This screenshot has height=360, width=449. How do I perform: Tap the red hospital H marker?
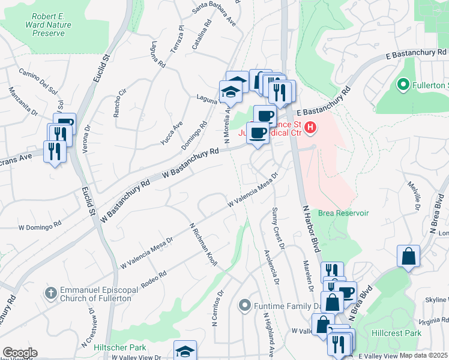pyautogui.click(x=310, y=127)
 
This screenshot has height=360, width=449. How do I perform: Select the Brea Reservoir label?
pyautogui.click(x=343, y=213)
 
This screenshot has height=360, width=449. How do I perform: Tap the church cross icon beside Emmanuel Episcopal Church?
pyautogui.click(x=52, y=292)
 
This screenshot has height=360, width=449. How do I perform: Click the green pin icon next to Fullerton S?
pyautogui.click(x=403, y=85)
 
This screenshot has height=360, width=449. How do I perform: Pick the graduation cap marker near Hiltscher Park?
pyautogui.click(x=185, y=351)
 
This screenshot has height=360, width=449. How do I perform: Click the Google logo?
pyautogui.click(x=20, y=353)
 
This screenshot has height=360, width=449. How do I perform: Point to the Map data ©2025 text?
pyautogui.click(x=423, y=355)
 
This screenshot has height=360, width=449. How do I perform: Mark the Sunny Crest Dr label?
pyautogui.click(x=277, y=224)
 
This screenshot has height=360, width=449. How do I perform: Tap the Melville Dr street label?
pyautogui.click(x=412, y=196)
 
